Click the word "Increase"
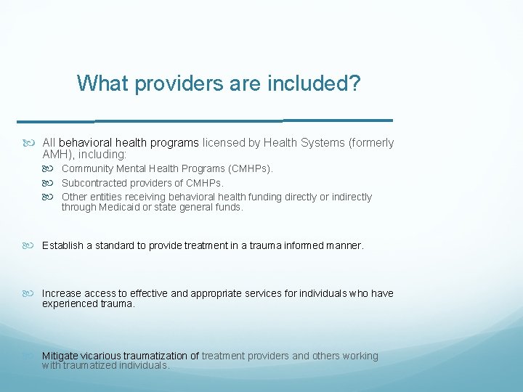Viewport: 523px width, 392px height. tap(62, 293)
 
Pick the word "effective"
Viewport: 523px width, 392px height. tap(148, 293)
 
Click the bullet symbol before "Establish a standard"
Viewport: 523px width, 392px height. tap(31, 245)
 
